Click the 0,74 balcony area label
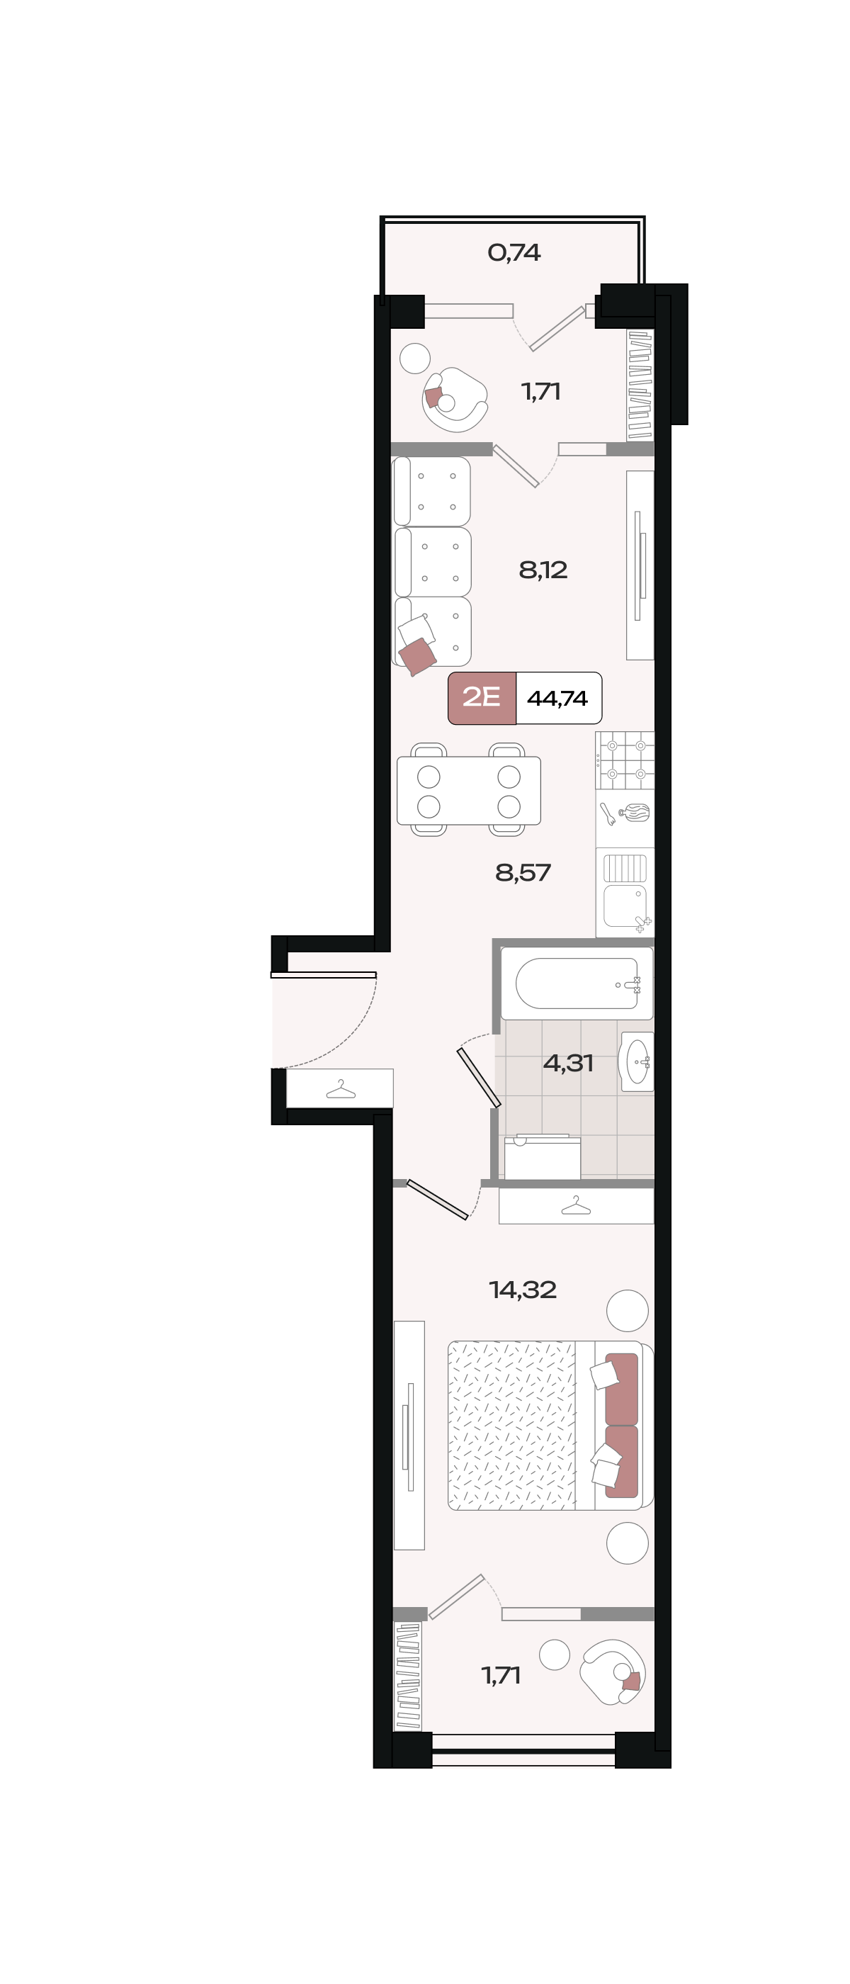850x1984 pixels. click(x=514, y=253)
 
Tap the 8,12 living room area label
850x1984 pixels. click(x=543, y=570)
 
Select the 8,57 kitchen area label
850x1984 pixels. click(x=523, y=873)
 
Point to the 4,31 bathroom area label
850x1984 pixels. click(x=568, y=1064)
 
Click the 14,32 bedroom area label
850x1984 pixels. click(x=523, y=1290)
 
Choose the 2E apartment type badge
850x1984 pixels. click(x=482, y=698)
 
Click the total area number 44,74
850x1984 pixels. click(x=557, y=699)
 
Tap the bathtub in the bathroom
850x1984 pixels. click(x=577, y=983)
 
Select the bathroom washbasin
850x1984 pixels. click(x=637, y=1061)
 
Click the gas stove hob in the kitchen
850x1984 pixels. click(x=625, y=760)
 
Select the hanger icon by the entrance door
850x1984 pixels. click(x=340, y=1089)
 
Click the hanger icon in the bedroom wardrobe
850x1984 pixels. click(x=576, y=1205)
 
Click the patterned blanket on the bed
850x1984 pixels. click(x=512, y=1425)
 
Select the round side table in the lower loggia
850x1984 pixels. click(x=555, y=1655)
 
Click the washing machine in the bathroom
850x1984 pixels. click(x=542, y=1157)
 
